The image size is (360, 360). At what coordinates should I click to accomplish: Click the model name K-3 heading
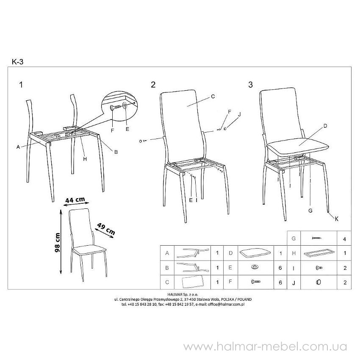click(x=18, y=62)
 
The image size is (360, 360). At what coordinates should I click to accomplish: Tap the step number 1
click(x=21, y=85)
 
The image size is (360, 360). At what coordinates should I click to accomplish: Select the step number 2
click(x=153, y=85)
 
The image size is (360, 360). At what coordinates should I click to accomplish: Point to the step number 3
click(x=250, y=85)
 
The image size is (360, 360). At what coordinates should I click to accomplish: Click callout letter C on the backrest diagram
click(x=213, y=97)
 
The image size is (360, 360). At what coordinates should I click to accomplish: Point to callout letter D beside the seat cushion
click(x=325, y=126)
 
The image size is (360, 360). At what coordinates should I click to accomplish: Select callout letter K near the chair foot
click(x=337, y=219)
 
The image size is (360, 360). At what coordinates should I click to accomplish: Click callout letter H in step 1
click(x=85, y=159)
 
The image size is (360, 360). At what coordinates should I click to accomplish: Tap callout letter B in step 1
click(x=116, y=152)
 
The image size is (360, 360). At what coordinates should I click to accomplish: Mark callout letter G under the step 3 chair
click(x=310, y=210)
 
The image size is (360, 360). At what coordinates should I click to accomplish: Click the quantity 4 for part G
click(x=344, y=239)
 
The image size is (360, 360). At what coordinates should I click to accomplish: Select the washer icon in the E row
click(x=254, y=267)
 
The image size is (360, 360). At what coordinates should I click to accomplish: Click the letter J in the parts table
click(x=294, y=283)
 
